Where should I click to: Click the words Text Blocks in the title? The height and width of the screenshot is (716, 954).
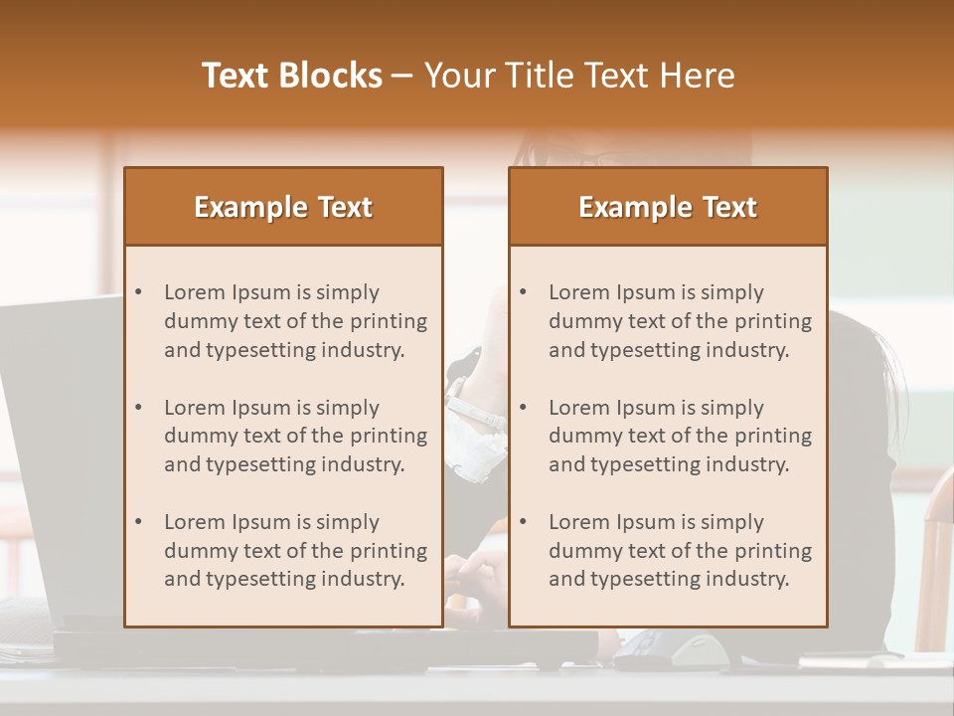click(x=292, y=76)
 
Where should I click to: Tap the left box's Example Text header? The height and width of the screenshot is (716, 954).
click(x=283, y=207)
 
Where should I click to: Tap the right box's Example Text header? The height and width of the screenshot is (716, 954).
click(x=668, y=207)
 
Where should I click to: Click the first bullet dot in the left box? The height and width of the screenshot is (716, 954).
click(x=139, y=292)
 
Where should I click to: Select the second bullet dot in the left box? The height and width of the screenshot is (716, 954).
click(x=139, y=408)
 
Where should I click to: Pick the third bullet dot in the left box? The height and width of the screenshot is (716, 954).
click(x=139, y=522)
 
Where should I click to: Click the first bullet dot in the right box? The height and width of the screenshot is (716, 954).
click(x=524, y=292)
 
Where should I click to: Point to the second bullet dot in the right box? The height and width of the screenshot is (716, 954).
click(x=524, y=408)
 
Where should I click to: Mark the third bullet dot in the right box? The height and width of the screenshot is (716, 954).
click(x=524, y=522)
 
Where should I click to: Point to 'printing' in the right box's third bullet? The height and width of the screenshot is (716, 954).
click(x=774, y=551)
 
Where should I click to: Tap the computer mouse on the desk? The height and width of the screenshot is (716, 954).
click(x=700, y=652)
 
